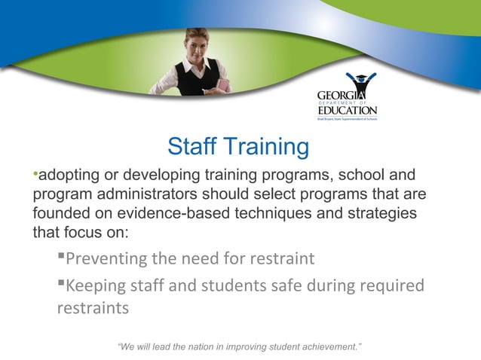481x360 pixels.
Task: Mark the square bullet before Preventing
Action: tap(61, 259)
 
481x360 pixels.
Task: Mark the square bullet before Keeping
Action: tap(61, 285)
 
